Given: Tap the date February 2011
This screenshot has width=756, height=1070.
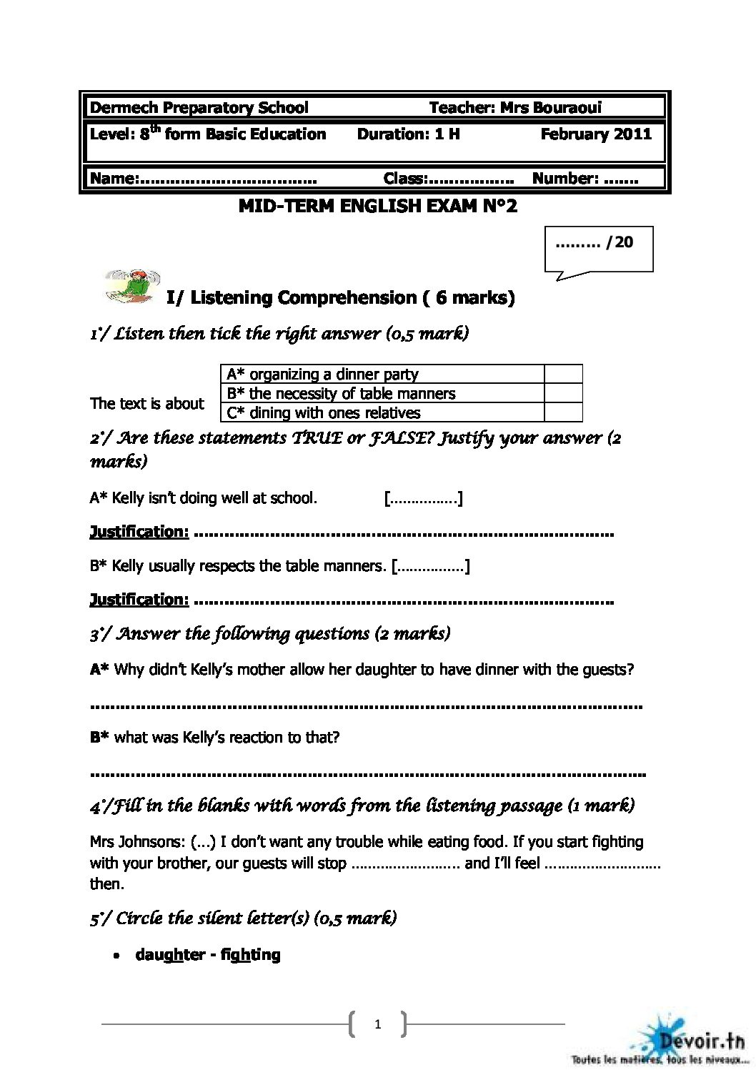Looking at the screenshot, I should click(596, 134).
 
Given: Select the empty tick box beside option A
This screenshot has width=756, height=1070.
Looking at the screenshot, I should click(563, 374).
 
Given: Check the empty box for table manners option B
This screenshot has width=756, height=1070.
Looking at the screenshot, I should click(563, 393).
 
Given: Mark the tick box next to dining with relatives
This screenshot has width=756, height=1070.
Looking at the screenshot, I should click(563, 412).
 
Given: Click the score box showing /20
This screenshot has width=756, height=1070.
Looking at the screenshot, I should click(598, 247).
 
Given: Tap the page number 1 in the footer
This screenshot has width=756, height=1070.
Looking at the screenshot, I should click(377, 1024).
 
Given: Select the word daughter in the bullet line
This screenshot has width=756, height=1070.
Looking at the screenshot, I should click(170, 955).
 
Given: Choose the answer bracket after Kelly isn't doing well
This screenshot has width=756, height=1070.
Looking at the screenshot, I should click(423, 498).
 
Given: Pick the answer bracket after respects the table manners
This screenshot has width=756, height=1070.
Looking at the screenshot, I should click(430, 566).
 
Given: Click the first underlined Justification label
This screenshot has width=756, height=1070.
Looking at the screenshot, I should click(139, 532).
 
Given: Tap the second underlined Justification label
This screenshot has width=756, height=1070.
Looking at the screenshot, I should click(139, 600).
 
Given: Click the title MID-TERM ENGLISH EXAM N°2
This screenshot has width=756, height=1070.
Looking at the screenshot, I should click(377, 207).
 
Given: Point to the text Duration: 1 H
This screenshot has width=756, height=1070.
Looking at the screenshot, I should click(408, 134).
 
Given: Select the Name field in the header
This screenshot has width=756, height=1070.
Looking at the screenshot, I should click(204, 179).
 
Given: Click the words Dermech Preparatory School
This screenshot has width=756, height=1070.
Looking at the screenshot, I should click(199, 108).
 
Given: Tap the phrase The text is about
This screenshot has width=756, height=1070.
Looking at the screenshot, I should click(147, 404).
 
